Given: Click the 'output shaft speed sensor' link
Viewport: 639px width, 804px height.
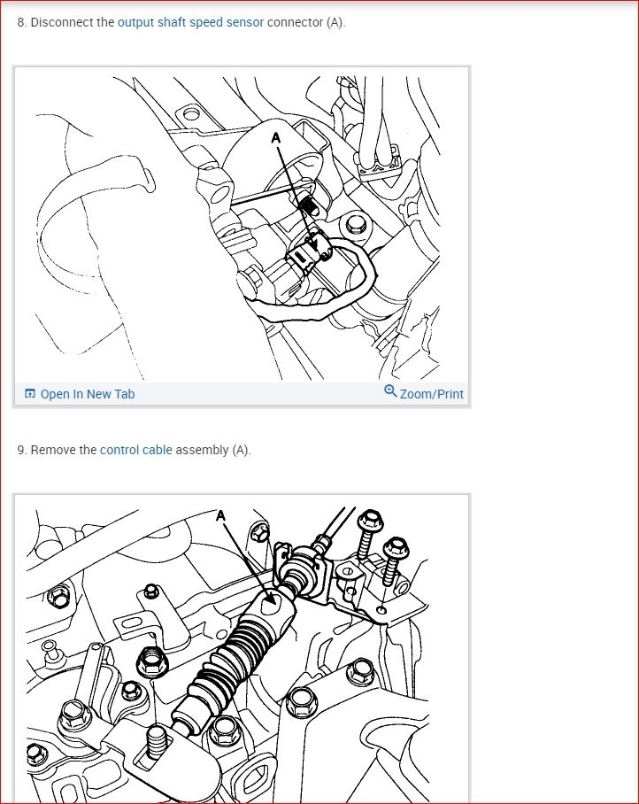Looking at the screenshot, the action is tap(190, 22).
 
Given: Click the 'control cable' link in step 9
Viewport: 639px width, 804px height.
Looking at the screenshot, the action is tap(135, 450).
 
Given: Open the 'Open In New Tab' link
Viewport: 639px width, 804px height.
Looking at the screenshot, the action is tap(88, 394).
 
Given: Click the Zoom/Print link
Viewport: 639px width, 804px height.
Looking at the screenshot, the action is tap(432, 394).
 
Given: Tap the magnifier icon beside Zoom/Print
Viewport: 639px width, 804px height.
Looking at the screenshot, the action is tap(390, 391).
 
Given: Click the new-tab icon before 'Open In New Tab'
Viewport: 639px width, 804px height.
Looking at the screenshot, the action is tap(30, 394).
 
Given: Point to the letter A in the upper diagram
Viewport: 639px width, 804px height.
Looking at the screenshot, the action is tap(276, 138).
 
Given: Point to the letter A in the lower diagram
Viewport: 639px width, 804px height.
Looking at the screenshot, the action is tap(220, 515).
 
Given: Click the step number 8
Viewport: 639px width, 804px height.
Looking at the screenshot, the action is tap(21, 22).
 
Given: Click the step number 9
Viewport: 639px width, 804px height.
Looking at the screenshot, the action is tap(21, 450).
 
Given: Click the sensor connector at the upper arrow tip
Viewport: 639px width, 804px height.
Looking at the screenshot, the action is tap(307, 251).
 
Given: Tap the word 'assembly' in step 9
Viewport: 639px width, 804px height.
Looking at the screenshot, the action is tap(202, 450).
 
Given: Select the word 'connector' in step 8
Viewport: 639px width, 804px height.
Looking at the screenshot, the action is tap(295, 22).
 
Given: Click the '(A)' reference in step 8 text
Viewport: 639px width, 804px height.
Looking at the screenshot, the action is tap(335, 22).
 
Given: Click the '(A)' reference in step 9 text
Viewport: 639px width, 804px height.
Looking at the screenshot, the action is tap(241, 450).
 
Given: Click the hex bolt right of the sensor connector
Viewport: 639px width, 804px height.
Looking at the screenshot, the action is tap(355, 225).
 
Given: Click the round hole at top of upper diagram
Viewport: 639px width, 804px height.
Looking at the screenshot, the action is tap(191, 112).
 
